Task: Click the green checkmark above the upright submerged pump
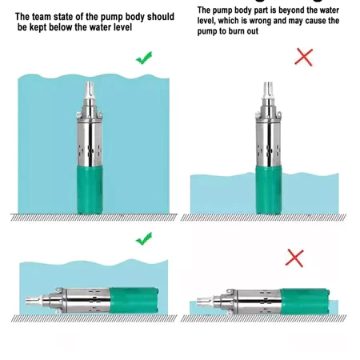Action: click(x=144, y=58)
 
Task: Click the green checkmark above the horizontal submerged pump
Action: click(x=144, y=238)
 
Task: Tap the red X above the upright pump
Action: click(x=304, y=57)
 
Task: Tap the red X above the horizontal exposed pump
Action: click(x=294, y=258)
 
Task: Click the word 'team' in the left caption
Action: click(x=42, y=17)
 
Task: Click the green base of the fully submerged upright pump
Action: click(x=90, y=190)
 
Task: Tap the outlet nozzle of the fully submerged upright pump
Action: click(x=90, y=90)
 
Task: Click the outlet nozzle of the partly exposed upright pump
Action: click(x=268, y=90)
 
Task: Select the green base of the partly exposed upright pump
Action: click(x=269, y=190)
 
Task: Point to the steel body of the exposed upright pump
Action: click(x=269, y=144)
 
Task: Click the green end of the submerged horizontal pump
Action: click(x=134, y=300)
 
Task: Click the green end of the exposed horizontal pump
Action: click(x=305, y=302)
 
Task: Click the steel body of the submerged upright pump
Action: click(x=90, y=144)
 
